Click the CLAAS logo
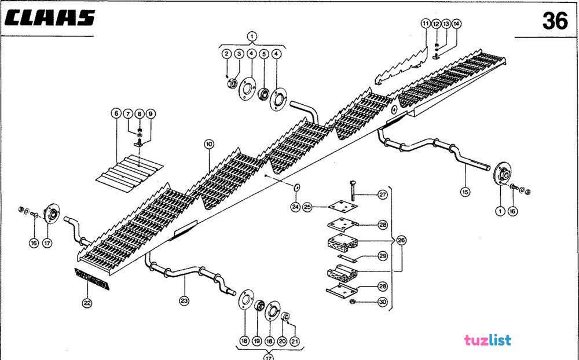(49, 18)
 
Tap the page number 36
(555, 21)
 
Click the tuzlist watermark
(488, 340)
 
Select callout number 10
(209, 144)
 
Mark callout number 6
(115, 113)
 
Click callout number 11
(426, 24)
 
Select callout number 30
(382, 302)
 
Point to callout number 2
(226, 54)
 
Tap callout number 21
(295, 341)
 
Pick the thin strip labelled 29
(349, 258)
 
